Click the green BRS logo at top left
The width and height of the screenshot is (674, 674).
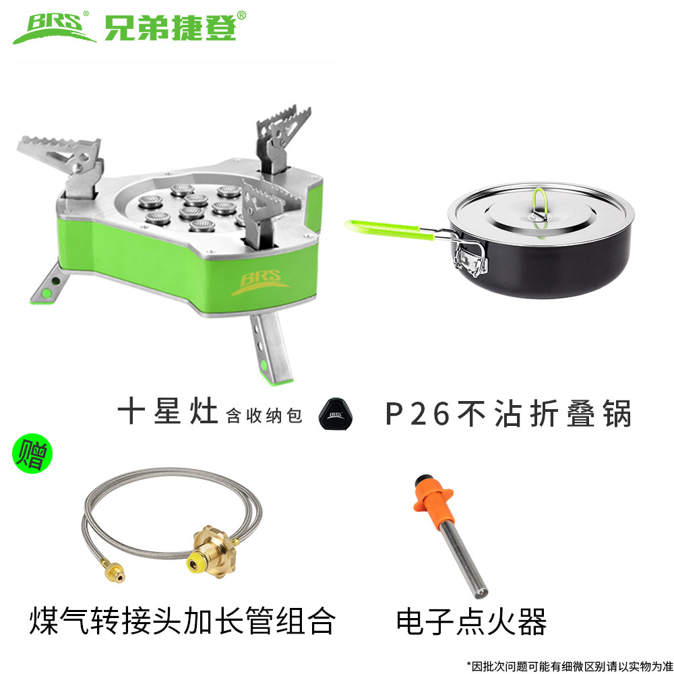click(x=55, y=28)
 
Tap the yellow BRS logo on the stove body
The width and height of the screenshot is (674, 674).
click(x=260, y=282)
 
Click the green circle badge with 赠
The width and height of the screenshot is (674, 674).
click(x=32, y=454)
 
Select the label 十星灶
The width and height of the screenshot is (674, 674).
click(x=168, y=412)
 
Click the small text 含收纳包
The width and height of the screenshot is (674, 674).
click(x=264, y=416)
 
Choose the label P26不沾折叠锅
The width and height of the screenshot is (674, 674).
click(x=508, y=413)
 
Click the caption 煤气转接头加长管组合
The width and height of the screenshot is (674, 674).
click(x=182, y=621)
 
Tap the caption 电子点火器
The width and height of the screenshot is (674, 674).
click(x=471, y=621)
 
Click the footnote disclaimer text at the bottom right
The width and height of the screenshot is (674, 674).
click(x=570, y=666)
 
